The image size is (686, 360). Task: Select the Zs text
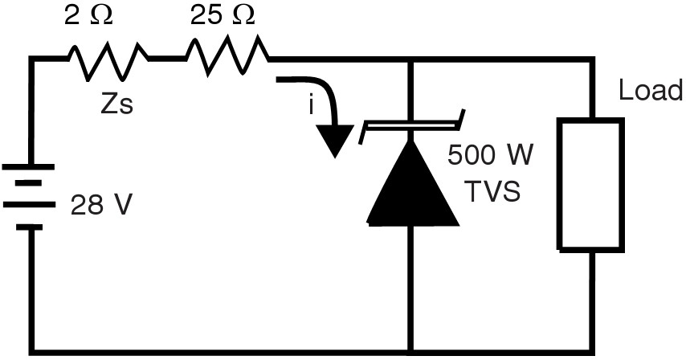click(116, 104)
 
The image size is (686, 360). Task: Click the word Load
click(650, 91)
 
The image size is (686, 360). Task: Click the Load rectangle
click(590, 185)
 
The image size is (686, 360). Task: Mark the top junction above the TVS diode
click(412, 59)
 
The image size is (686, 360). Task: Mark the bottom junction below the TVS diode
click(412, 350)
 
